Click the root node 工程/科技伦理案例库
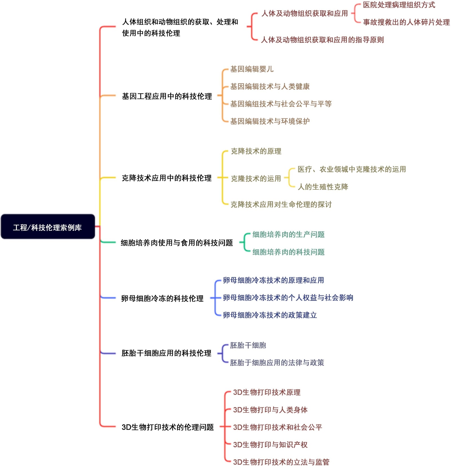(47, 227)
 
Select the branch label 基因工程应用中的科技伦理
(167, 96)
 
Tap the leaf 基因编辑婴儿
(252, 69)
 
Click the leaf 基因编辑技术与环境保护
(270, 121)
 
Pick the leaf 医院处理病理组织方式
(399, 5)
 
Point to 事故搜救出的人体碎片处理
(406, 22)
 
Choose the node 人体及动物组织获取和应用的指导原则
(322, 40)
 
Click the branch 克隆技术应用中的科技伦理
(166, 178)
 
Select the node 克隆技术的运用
(256, 178)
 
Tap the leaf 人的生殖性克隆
(323, 187)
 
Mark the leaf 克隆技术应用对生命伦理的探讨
(281, 204)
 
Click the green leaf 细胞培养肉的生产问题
(288, 234)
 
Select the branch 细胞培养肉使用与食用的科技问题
(177, 243)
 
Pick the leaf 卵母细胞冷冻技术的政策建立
(270, 315)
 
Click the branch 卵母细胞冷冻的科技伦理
(162, 298)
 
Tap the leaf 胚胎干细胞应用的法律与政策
(277, 362)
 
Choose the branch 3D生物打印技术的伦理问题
(167, 427)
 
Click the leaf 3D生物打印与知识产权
(270, 445)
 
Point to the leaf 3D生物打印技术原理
(266, 392)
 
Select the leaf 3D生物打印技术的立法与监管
(281, 462)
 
